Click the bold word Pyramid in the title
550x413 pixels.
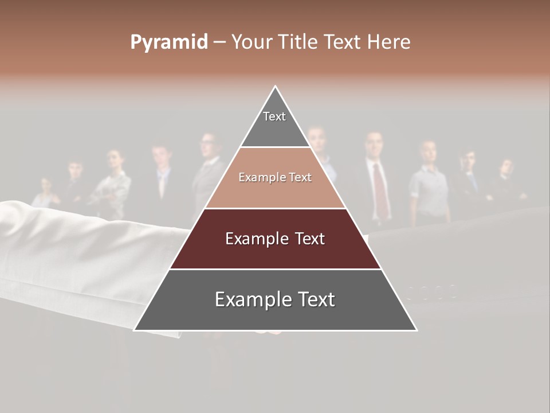pyautogui.click(x=169, y=42)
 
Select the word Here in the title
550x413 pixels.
pyautogui.click(x=389, y=42)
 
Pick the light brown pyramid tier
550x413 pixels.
pyautogui.click(x=275, y=178)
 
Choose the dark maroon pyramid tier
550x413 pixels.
pyautogui.click(x=275, y=239)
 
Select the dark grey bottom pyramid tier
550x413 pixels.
pyautogui.click(x=275, y=300)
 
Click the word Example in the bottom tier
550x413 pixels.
pyautogui.click(x=247, y=300)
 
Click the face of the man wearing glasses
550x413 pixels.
pyautogui.click(x=209, y=143)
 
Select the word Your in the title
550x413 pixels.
pyautogui.click(x=250, y=42)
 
